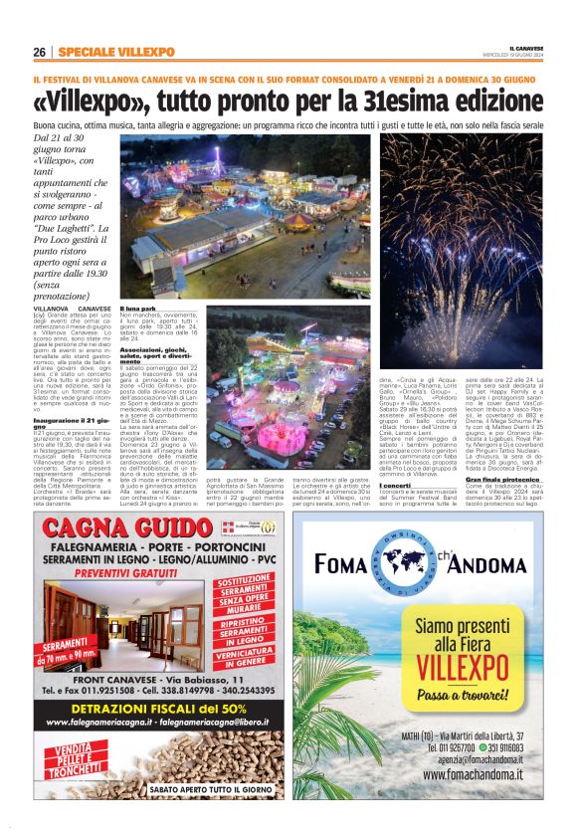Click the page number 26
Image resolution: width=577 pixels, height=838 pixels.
pos(38,52)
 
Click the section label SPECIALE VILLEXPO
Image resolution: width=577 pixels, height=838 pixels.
pos(115,52)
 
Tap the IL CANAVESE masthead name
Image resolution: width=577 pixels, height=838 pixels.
pos(526,47)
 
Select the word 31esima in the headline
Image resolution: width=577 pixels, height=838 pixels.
pos(392,103)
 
